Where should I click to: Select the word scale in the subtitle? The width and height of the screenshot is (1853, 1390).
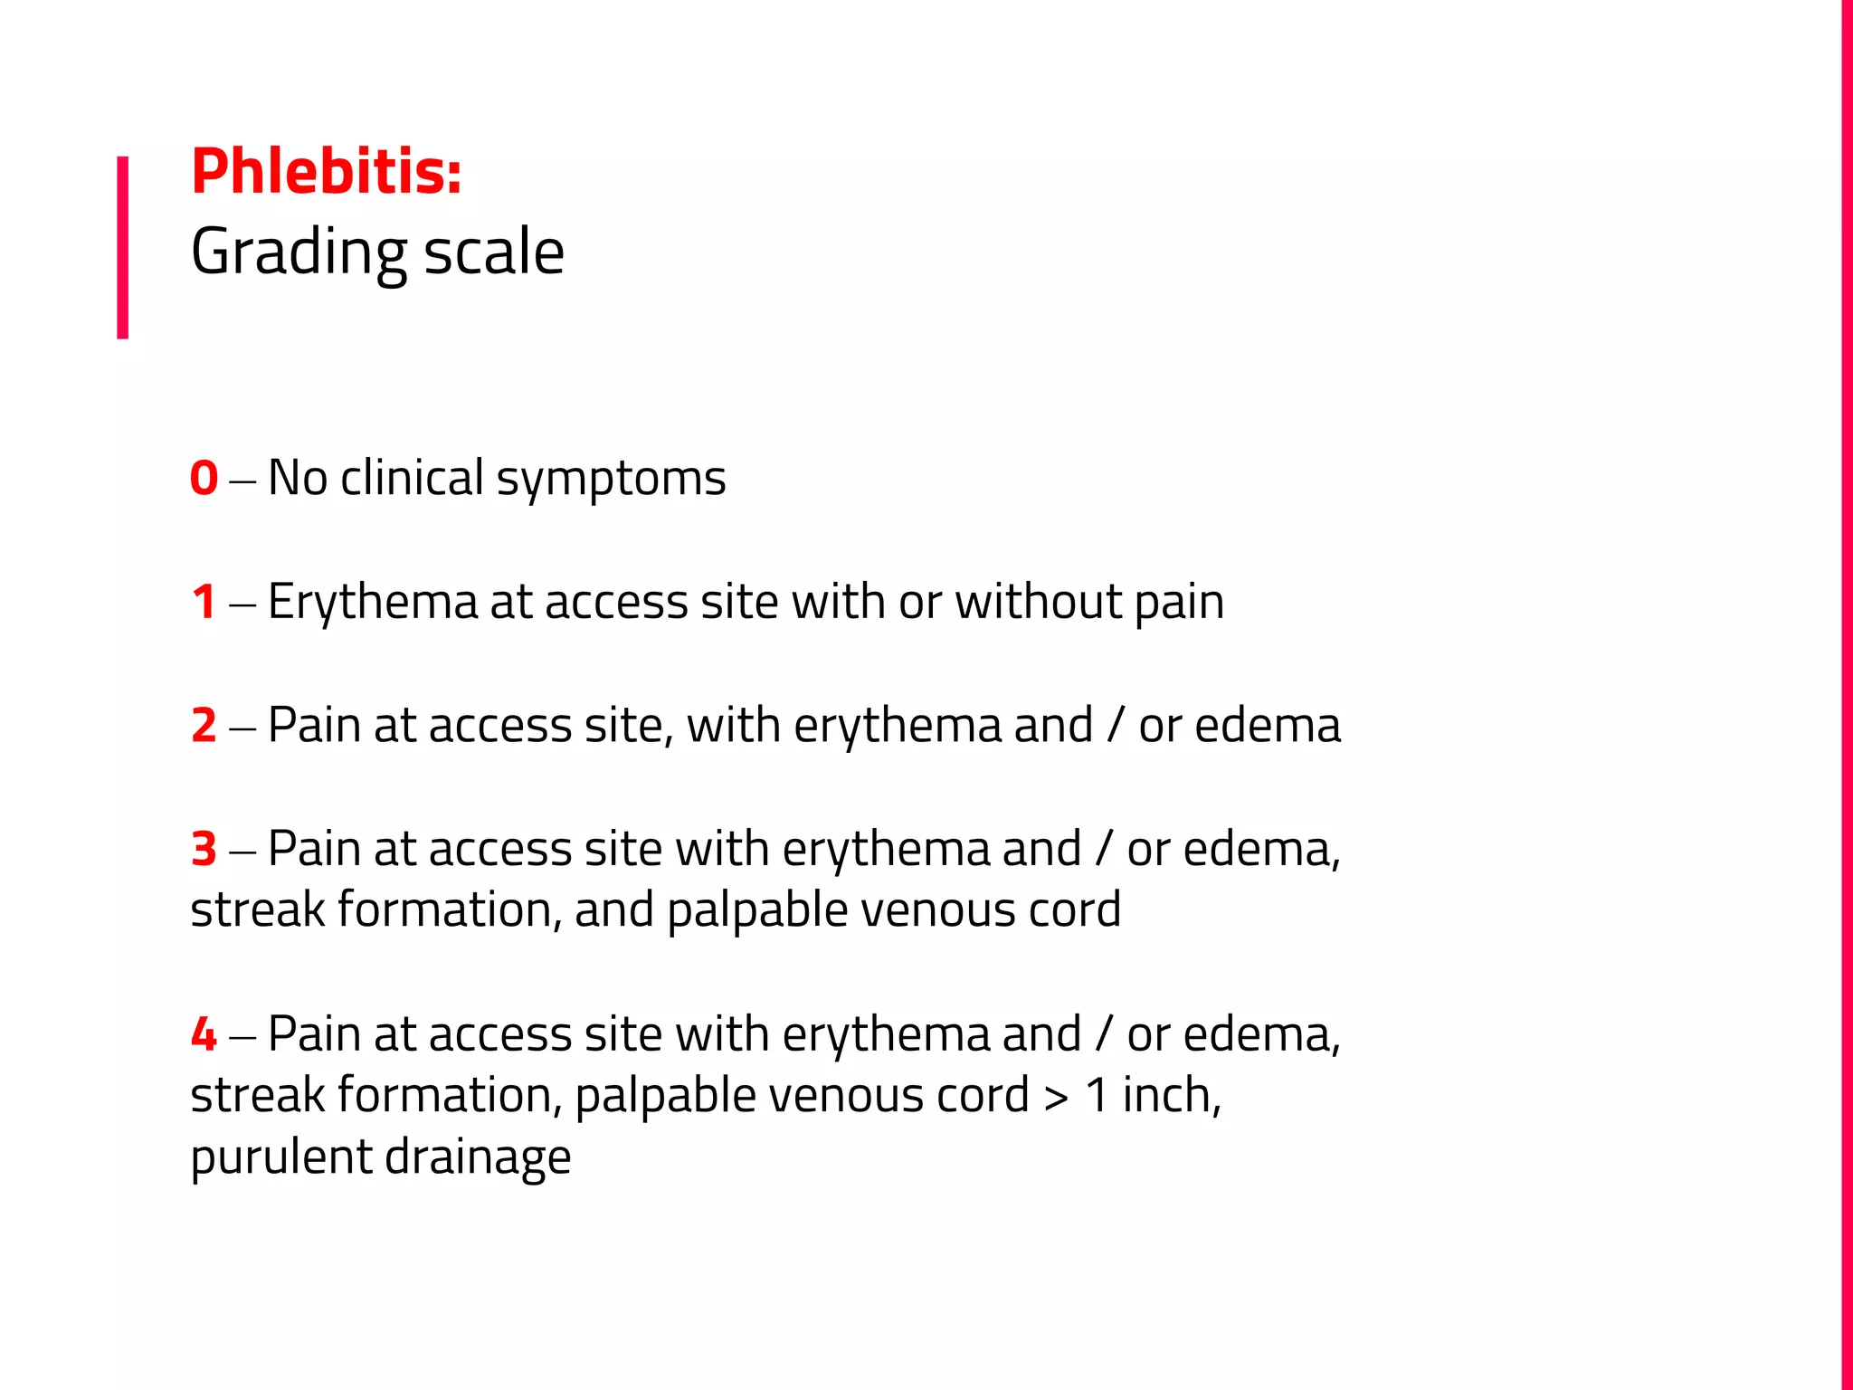pyautogui.click(x=494, y=252)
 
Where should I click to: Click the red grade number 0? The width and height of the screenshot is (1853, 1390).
pyautogui.click(x=204, y=478)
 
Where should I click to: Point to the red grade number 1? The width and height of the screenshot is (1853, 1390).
pyautogui.click(x=204, y=602)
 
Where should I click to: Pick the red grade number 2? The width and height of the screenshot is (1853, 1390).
pyautogui.click(x=204, y=726)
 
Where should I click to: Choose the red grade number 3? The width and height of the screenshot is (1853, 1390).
pyautogui.click(x=204, y=850)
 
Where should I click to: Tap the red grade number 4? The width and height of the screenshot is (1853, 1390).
pyautogui.click(x=204, y=1034)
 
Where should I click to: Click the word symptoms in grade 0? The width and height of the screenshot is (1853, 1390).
pyautogui.click(x=612, y=480)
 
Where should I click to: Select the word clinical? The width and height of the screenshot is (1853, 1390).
pyautogui.click(x=412, y=478)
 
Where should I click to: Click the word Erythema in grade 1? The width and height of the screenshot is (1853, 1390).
pyautogui.click(x=372, y=603)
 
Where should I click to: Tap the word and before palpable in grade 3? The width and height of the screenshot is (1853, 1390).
pyautogui.click(x=613, y=909)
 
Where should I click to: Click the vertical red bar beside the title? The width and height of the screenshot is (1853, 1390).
pyautogui.click(x=123, y=247)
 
